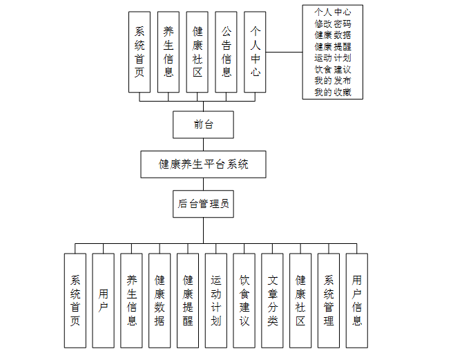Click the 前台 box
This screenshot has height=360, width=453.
(203, 124)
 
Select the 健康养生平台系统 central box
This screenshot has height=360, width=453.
(203, 164)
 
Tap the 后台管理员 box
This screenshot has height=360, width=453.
(203, 203)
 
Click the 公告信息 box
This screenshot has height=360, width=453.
(226, 52)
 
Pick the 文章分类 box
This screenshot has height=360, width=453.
(272, 300)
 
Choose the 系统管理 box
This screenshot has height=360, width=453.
(329, 300)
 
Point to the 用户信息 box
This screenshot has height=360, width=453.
(356, 300)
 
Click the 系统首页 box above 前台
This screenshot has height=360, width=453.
(139, 52)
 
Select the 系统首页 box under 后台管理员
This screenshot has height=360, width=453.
(75, 300)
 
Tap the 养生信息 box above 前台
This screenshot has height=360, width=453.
(168, 52)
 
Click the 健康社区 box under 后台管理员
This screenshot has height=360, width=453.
(300, 300)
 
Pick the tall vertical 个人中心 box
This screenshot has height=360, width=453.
(256, 52)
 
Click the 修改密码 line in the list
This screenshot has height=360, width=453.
(332, 23)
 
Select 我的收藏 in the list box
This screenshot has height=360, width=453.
(332, 92)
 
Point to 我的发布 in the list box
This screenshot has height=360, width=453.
(332, 81)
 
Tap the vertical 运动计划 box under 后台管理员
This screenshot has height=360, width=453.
(216, 300)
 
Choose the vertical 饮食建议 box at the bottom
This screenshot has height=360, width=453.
(244, 300)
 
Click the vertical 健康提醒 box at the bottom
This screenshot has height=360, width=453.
(188, 300)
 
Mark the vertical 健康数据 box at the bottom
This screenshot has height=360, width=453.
(160, 300)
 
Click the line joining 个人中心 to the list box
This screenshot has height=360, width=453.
(285, 52)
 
